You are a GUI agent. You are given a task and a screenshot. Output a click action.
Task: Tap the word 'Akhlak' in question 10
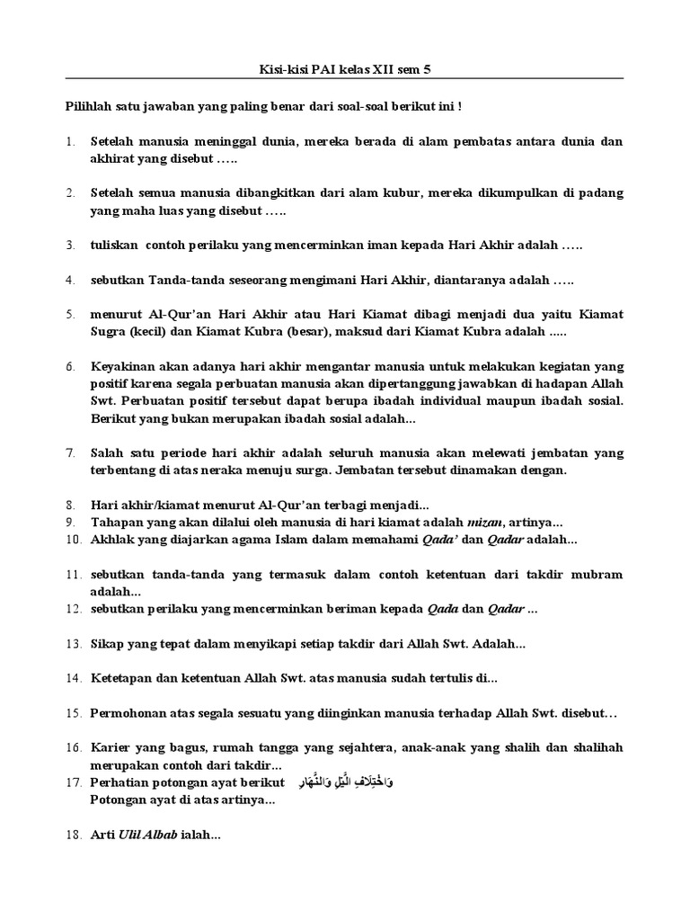111,540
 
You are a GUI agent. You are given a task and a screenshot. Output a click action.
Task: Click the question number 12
72,609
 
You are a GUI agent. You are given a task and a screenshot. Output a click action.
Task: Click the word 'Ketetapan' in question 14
121,678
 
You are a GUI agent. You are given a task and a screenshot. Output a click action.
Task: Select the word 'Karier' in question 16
111,747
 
